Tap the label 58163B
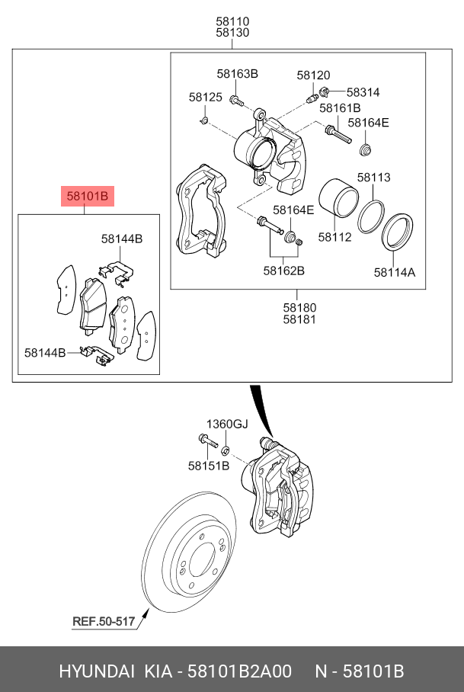237,74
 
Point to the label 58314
363,92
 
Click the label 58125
205,98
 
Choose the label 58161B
339,107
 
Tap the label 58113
373,178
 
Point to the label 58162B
283,270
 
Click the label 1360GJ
228,424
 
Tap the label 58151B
208,465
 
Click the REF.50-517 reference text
103,622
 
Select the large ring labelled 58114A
396,232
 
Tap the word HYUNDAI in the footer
94,671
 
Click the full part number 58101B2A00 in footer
240,671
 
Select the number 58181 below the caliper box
299,320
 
